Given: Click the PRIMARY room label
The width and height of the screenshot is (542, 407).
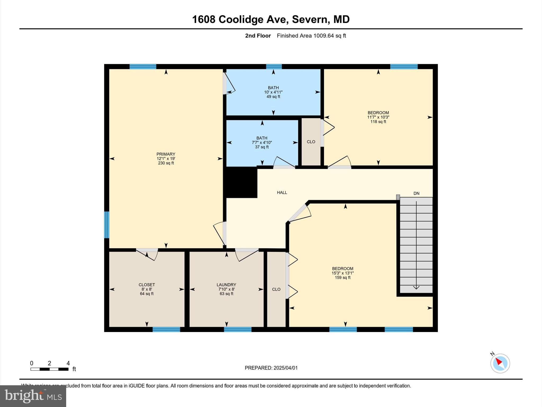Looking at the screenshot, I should click(166, 154).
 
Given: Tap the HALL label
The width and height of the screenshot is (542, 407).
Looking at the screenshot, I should click(282, 193).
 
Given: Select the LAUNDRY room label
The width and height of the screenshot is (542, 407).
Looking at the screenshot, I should click(226, 285).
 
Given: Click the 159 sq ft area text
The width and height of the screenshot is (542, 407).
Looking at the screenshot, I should click(342, 277).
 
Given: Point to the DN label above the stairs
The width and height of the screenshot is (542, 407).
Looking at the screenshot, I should click(416, 193).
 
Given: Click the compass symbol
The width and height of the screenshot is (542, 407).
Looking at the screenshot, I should click(500, 363).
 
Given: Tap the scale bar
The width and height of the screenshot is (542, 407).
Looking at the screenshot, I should click(49, 369).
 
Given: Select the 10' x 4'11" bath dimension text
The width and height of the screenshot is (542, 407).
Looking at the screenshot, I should click(273, 92).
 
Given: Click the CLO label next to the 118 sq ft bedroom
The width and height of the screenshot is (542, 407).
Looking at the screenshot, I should click(311, 142).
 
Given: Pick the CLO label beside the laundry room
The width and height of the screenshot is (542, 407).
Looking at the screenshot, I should click(276, 289).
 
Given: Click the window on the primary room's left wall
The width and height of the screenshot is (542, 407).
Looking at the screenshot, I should click(107, 225).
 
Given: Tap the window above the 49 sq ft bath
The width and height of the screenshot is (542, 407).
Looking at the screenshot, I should click(274, 67).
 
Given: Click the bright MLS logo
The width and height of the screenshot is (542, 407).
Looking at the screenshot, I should click(33, 396).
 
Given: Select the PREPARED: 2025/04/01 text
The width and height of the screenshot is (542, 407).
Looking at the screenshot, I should click(271, 368).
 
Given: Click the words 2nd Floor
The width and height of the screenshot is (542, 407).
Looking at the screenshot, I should click(258, 36).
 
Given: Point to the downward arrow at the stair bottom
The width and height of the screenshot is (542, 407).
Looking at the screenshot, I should click(416, 287).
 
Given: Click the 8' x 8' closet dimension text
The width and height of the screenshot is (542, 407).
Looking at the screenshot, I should click(147, 289).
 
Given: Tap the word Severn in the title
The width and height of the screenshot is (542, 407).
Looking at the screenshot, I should click(310, 19).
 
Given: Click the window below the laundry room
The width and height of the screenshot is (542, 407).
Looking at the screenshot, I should click(238, 329).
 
